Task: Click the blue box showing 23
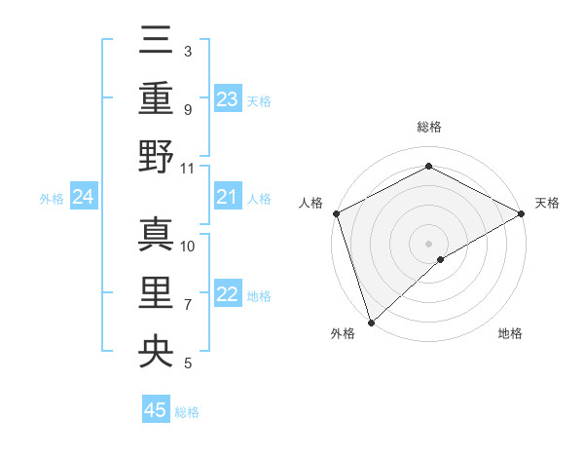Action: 227,99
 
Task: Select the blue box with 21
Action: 227,198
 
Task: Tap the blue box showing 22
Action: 227,295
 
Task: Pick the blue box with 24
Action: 83,198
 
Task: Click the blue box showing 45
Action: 156,410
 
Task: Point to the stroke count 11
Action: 188,168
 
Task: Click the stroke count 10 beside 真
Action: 188,247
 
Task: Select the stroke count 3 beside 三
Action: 187,51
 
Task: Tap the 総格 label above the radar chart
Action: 428,127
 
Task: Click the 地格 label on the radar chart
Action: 510,334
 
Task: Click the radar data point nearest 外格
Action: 370,322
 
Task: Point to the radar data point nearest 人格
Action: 336,213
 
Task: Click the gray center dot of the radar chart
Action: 428,243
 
